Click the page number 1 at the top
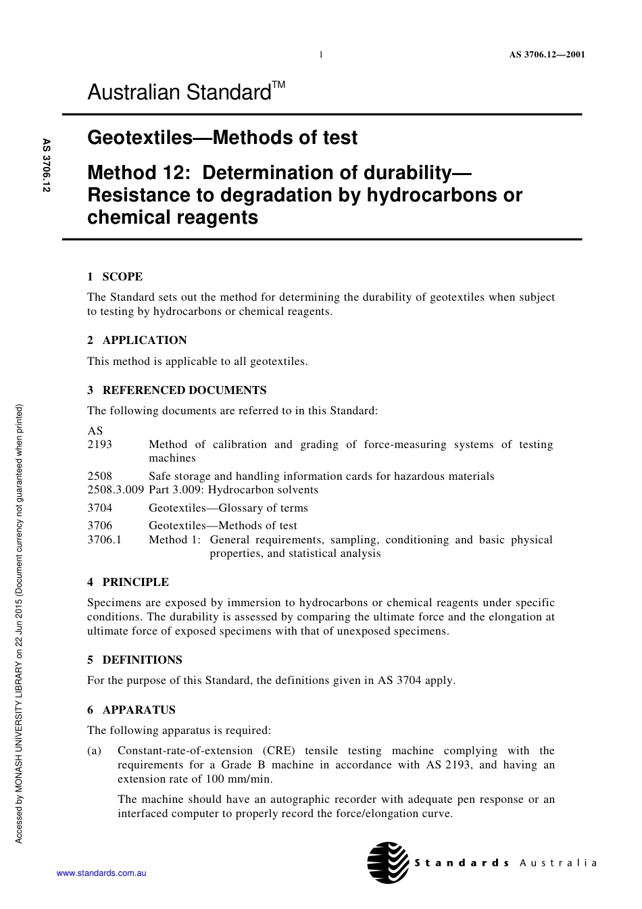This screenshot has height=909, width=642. [x=321, y=55]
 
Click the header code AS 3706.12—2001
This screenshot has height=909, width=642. [x=547, y=55]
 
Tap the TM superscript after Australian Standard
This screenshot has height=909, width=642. [x=278, y=85]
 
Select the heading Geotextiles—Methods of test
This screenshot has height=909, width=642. [x=222, y=138]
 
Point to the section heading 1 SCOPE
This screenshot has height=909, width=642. [x=115, y=276]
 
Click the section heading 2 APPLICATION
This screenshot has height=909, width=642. [x=137, y=340]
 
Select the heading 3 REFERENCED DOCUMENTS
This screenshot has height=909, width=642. [x=176, y=390]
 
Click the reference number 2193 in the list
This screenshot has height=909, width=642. [x=100, y=445]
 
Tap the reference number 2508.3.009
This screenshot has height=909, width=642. [x=115, y=490]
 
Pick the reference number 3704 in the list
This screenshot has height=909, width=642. [x=100, y=508]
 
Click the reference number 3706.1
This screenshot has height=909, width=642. [x=104, y=540]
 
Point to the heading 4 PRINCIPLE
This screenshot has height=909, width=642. [x=128, y=582]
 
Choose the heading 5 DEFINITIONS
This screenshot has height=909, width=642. [x=134, y=660]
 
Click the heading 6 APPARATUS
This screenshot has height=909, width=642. [x=131, y=710]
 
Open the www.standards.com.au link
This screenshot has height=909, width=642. [x=101, y=873]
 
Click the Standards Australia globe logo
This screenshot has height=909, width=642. [x=388, y=862]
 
